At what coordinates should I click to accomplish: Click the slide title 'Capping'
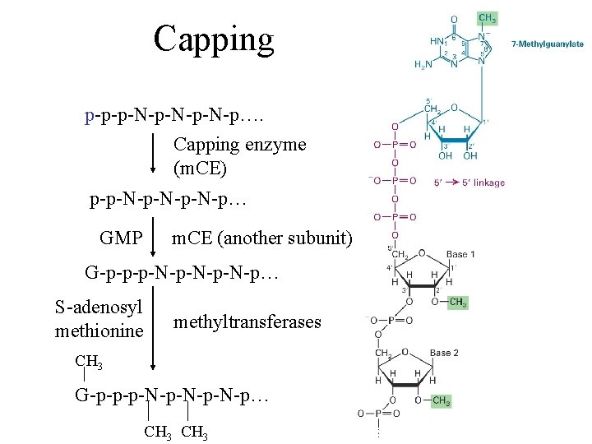pyautogui.click(x=213, y=38)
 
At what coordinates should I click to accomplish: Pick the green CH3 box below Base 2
pyautogui.click(x=442, y=402)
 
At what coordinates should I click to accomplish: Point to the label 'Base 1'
pyautogui.click(x=461, y=254)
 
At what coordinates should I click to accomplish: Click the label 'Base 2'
pyautogui.click(x=444, y=353)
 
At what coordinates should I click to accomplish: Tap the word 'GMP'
pyautogui.click(x=120, y=238)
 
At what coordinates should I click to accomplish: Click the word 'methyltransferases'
pyautogui.click(x=247, y=322)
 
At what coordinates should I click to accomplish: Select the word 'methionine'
pyautogui.click(x=99, y=331)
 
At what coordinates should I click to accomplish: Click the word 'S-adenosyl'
pyautogui.click(x=99, y=308)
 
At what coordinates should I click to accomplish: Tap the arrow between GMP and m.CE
pyautogui.click(x=154, y=238)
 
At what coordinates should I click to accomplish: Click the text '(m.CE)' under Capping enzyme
pyautogui.click(x=200, y=169)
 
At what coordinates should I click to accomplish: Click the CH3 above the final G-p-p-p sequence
pyautogui.click(x=89, y=360)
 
